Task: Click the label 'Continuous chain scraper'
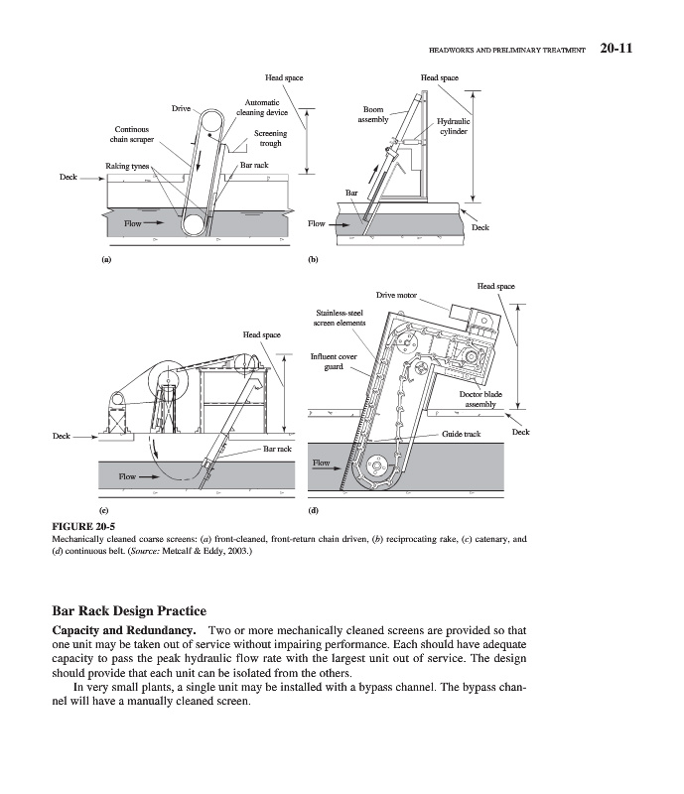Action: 131,135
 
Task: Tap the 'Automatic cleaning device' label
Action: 262,107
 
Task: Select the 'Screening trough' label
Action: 270,138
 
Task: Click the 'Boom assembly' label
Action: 373,114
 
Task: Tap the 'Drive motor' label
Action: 396,295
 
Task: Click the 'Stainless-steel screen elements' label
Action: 340,318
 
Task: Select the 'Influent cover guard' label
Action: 334,361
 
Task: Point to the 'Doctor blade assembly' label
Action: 480,400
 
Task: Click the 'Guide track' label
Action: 462,434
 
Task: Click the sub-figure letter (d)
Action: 313,512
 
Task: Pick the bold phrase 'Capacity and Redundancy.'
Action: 119,631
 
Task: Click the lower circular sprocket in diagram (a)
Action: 194,225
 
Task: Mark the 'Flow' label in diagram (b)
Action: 317,224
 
